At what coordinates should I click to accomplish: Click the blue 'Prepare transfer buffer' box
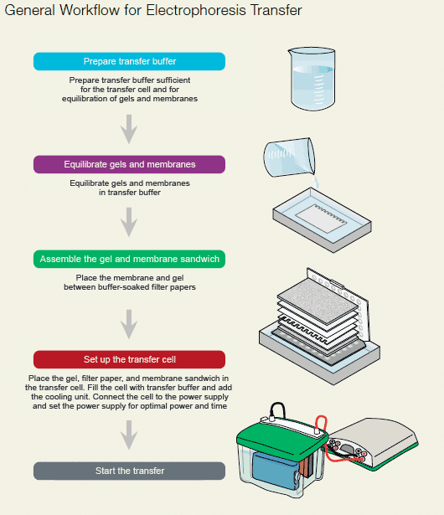tap(129, 61)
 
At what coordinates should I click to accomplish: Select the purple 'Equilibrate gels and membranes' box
tap(129, 164)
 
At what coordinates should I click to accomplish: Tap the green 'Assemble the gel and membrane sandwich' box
tap(129, 259)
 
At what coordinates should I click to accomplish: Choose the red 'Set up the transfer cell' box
tap(129, 359)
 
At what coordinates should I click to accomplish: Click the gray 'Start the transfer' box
tap(129, 471)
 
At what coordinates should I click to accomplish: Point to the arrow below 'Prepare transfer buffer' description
tap(129, 129)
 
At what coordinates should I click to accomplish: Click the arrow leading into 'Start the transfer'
tap(129, 435)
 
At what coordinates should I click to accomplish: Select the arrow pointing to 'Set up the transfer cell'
tap(129, 324)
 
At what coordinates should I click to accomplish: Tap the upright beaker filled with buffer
tap(312, 79)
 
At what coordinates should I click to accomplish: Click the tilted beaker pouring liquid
tap(289, 157)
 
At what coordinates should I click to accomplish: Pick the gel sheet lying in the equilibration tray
tap(320, 219)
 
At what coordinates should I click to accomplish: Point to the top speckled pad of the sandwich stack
tap(318, 301)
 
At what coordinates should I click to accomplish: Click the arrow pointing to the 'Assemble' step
tap(129, 222)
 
